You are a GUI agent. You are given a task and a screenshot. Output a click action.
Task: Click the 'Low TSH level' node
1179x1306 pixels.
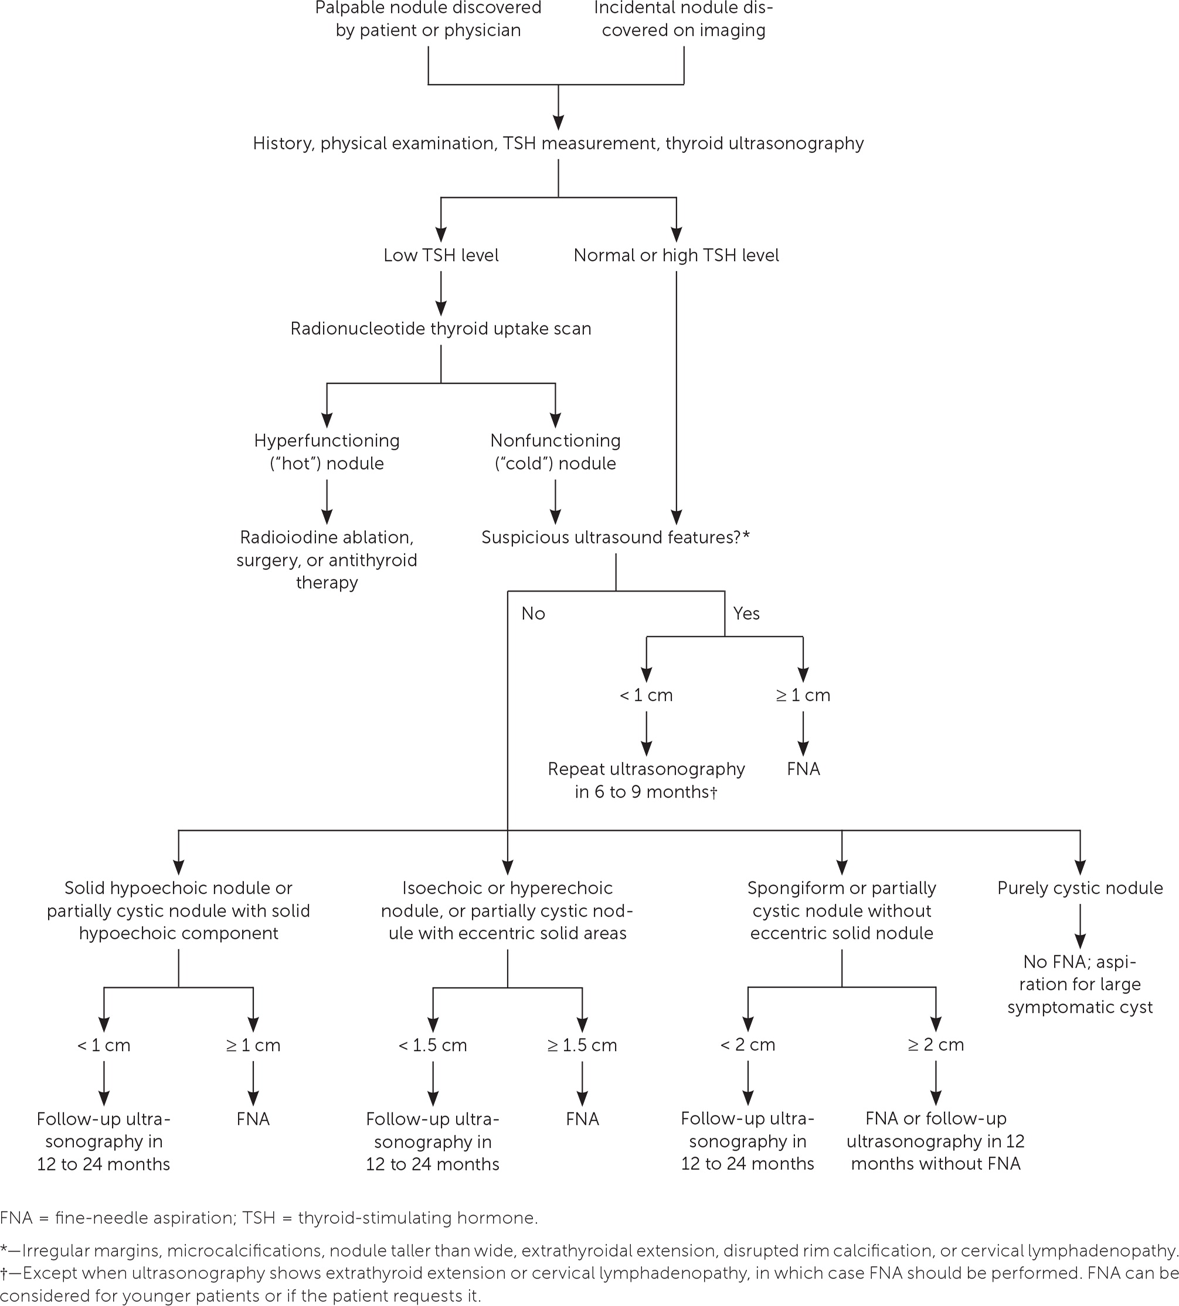coord(440,255)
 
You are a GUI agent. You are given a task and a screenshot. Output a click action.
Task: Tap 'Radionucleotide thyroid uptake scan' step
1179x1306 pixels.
coord(440,328)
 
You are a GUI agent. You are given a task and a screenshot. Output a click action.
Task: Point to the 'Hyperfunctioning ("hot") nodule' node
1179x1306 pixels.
coord(327,452)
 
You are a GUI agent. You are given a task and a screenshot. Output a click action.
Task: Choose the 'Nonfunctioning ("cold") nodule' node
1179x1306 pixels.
coord(555,452)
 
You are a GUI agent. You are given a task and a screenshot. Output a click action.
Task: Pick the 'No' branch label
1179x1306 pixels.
coord(533,613)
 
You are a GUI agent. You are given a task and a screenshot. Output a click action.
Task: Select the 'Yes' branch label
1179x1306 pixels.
coord(746,613)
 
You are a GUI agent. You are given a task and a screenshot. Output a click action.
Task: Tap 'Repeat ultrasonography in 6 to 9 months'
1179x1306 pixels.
coord(646,780)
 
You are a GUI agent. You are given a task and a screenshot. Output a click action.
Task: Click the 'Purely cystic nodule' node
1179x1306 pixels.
coord(1080,887)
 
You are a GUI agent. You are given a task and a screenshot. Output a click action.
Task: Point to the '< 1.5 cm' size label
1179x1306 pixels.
coord(432,1045)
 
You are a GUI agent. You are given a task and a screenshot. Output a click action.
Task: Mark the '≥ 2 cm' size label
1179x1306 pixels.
coord(936,1044)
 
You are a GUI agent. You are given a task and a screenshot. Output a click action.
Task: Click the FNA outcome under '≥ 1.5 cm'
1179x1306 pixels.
coord(582,1119)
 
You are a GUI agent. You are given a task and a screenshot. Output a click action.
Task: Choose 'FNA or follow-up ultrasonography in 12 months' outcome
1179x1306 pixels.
coord(936,1141)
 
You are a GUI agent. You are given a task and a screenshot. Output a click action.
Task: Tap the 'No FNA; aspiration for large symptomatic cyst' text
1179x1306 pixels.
coord(1080,984)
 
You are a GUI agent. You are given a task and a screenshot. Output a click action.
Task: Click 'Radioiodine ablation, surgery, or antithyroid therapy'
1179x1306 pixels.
coord(327,559)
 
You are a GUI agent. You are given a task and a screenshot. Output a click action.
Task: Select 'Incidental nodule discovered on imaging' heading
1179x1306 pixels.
coord(684,19)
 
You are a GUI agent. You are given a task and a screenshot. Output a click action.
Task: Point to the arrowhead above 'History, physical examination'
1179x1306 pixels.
coord(558,123)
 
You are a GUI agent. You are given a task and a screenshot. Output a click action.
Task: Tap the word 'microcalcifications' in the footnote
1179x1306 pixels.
coord(241,1251)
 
